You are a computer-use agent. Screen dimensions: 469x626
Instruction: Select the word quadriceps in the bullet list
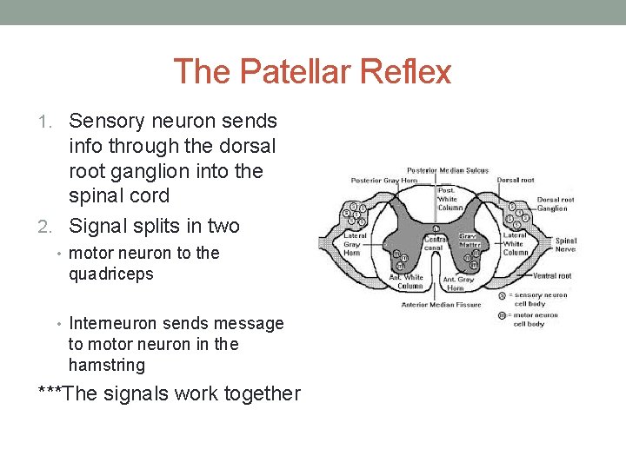tap(110, 274)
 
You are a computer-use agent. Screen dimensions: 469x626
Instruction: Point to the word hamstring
tap(107, 365)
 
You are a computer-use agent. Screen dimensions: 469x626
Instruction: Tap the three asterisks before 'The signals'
tap(50, 393)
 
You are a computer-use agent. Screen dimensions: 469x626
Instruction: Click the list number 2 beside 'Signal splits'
tap(52, 227)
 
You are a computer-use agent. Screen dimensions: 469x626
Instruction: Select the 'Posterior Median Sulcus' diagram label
tap(448, 170)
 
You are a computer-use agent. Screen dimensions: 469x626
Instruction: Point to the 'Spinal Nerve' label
tap(566, 245)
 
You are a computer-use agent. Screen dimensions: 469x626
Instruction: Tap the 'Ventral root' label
tap(552, 275)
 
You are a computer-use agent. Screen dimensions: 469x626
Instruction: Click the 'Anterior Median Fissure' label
tap(441, 305)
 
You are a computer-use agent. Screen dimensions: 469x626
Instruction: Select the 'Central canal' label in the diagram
tap(434, 242)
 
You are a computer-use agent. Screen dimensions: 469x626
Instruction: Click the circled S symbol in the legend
tap(503, 295)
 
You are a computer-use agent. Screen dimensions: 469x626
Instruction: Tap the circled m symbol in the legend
tap(503, 315)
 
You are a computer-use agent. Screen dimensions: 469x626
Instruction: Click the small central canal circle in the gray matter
tap(434, 229)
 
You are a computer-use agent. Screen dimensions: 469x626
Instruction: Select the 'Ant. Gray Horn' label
tap(458, 283)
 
